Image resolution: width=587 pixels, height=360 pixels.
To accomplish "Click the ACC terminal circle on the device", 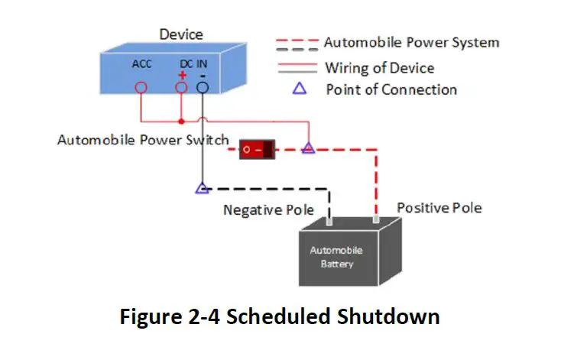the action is click(x=141, y=83).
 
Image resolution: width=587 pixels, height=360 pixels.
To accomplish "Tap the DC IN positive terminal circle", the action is click(x=181, y=83).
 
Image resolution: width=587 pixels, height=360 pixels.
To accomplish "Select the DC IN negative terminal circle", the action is click(x=202, y=83).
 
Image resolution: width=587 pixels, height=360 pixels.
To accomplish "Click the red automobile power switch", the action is click(x=257, y=149).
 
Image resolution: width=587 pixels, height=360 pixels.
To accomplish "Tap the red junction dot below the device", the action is click(x=181, y=122).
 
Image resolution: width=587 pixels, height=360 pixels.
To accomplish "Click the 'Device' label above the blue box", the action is click(x=181, y=34).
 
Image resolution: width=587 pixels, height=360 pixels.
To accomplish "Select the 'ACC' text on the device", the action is click(x=141, y=64).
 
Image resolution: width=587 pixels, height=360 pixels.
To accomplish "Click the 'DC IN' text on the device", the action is click(x=193, y=64).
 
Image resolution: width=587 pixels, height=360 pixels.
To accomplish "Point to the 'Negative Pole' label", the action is click(x=268, y=210).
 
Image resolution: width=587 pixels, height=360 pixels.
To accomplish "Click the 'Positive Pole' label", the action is click(x=439, y=208).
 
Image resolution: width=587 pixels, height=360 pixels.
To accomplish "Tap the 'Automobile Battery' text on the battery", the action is click(x=336, y=257).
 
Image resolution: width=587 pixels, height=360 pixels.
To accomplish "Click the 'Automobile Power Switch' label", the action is click(x=143, y=140).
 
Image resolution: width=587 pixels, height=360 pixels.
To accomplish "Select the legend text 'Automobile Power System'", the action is click(x=411, y=42).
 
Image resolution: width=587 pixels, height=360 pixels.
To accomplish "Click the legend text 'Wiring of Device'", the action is click(x=380, y=68).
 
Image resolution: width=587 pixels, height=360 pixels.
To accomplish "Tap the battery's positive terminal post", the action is click(x=376, y=219).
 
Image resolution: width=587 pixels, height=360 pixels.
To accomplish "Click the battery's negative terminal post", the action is click(x=329, y=221).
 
